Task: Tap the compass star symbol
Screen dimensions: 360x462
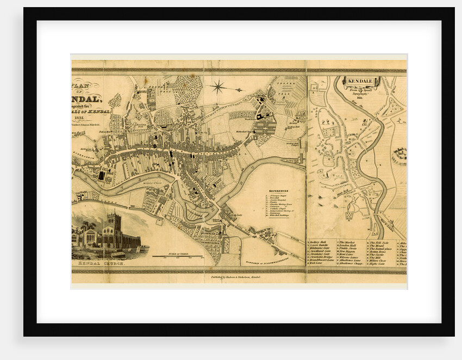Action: [x=219, y=86]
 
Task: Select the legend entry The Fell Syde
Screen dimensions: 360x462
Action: [x=379, y=242]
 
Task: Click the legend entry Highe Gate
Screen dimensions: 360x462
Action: [x=378, y=263]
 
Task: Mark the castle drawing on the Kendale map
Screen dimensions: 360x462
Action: [x=399, y=155]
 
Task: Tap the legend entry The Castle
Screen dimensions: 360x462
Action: [x=377, y=253]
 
